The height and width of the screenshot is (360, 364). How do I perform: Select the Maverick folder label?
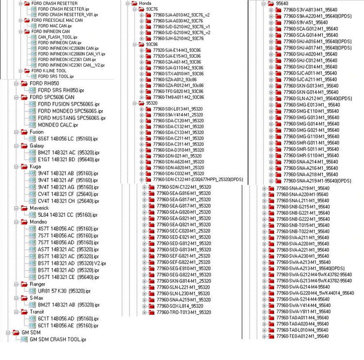(x=39, y=208)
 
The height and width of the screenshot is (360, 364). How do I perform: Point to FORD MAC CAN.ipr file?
(x=54, y=26)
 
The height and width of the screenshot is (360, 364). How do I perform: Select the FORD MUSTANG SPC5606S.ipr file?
(x=71, y=118)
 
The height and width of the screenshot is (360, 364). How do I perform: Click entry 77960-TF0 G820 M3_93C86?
(x=177, y=91)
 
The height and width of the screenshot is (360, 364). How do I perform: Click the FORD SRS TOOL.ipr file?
(x=55, y=76)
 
